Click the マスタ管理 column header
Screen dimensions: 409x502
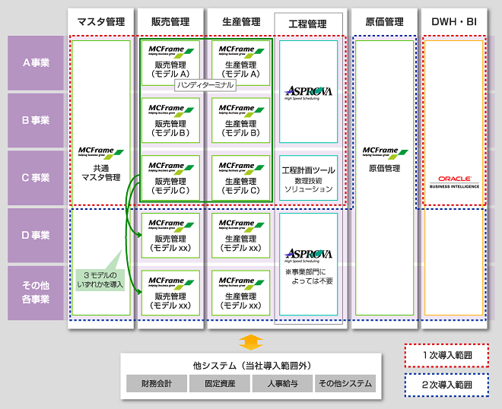(101, 22)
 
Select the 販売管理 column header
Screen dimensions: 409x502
(170, 22)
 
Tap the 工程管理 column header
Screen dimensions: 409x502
(308, 24)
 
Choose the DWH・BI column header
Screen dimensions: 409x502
(453, 22)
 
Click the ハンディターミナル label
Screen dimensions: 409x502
(205, 86)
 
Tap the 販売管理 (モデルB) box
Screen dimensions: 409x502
(170, 120)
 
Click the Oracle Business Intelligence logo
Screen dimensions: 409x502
(453, 182)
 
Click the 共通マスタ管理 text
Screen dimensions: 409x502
(101, 173)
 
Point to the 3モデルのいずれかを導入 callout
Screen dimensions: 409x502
(100, 279)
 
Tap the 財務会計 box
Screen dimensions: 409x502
(156, 383)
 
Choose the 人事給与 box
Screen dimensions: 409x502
(282, 383)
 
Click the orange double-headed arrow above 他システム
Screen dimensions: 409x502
(250, 341)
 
